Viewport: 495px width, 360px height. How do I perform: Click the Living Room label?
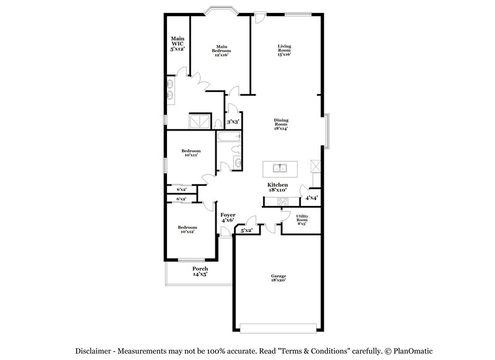(x=284, y=50)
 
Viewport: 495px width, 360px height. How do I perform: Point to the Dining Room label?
(x=282, y=124)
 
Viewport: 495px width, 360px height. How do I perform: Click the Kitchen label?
(x=277, y=187)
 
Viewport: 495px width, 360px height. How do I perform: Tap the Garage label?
(x=278, y=278)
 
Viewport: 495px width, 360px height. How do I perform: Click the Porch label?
(x=199, y=271)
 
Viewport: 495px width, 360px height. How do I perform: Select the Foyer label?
(x=228, y=216)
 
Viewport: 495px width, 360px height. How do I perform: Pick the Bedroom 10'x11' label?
(x=191, y=153)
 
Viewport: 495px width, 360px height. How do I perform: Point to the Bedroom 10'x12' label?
(x=187, y=229)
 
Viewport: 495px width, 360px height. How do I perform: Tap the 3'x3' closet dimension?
(x=233, y=122)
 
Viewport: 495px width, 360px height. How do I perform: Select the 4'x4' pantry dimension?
(x=312, y=198)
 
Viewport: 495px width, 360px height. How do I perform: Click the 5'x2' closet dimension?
(x=246, y=230)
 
